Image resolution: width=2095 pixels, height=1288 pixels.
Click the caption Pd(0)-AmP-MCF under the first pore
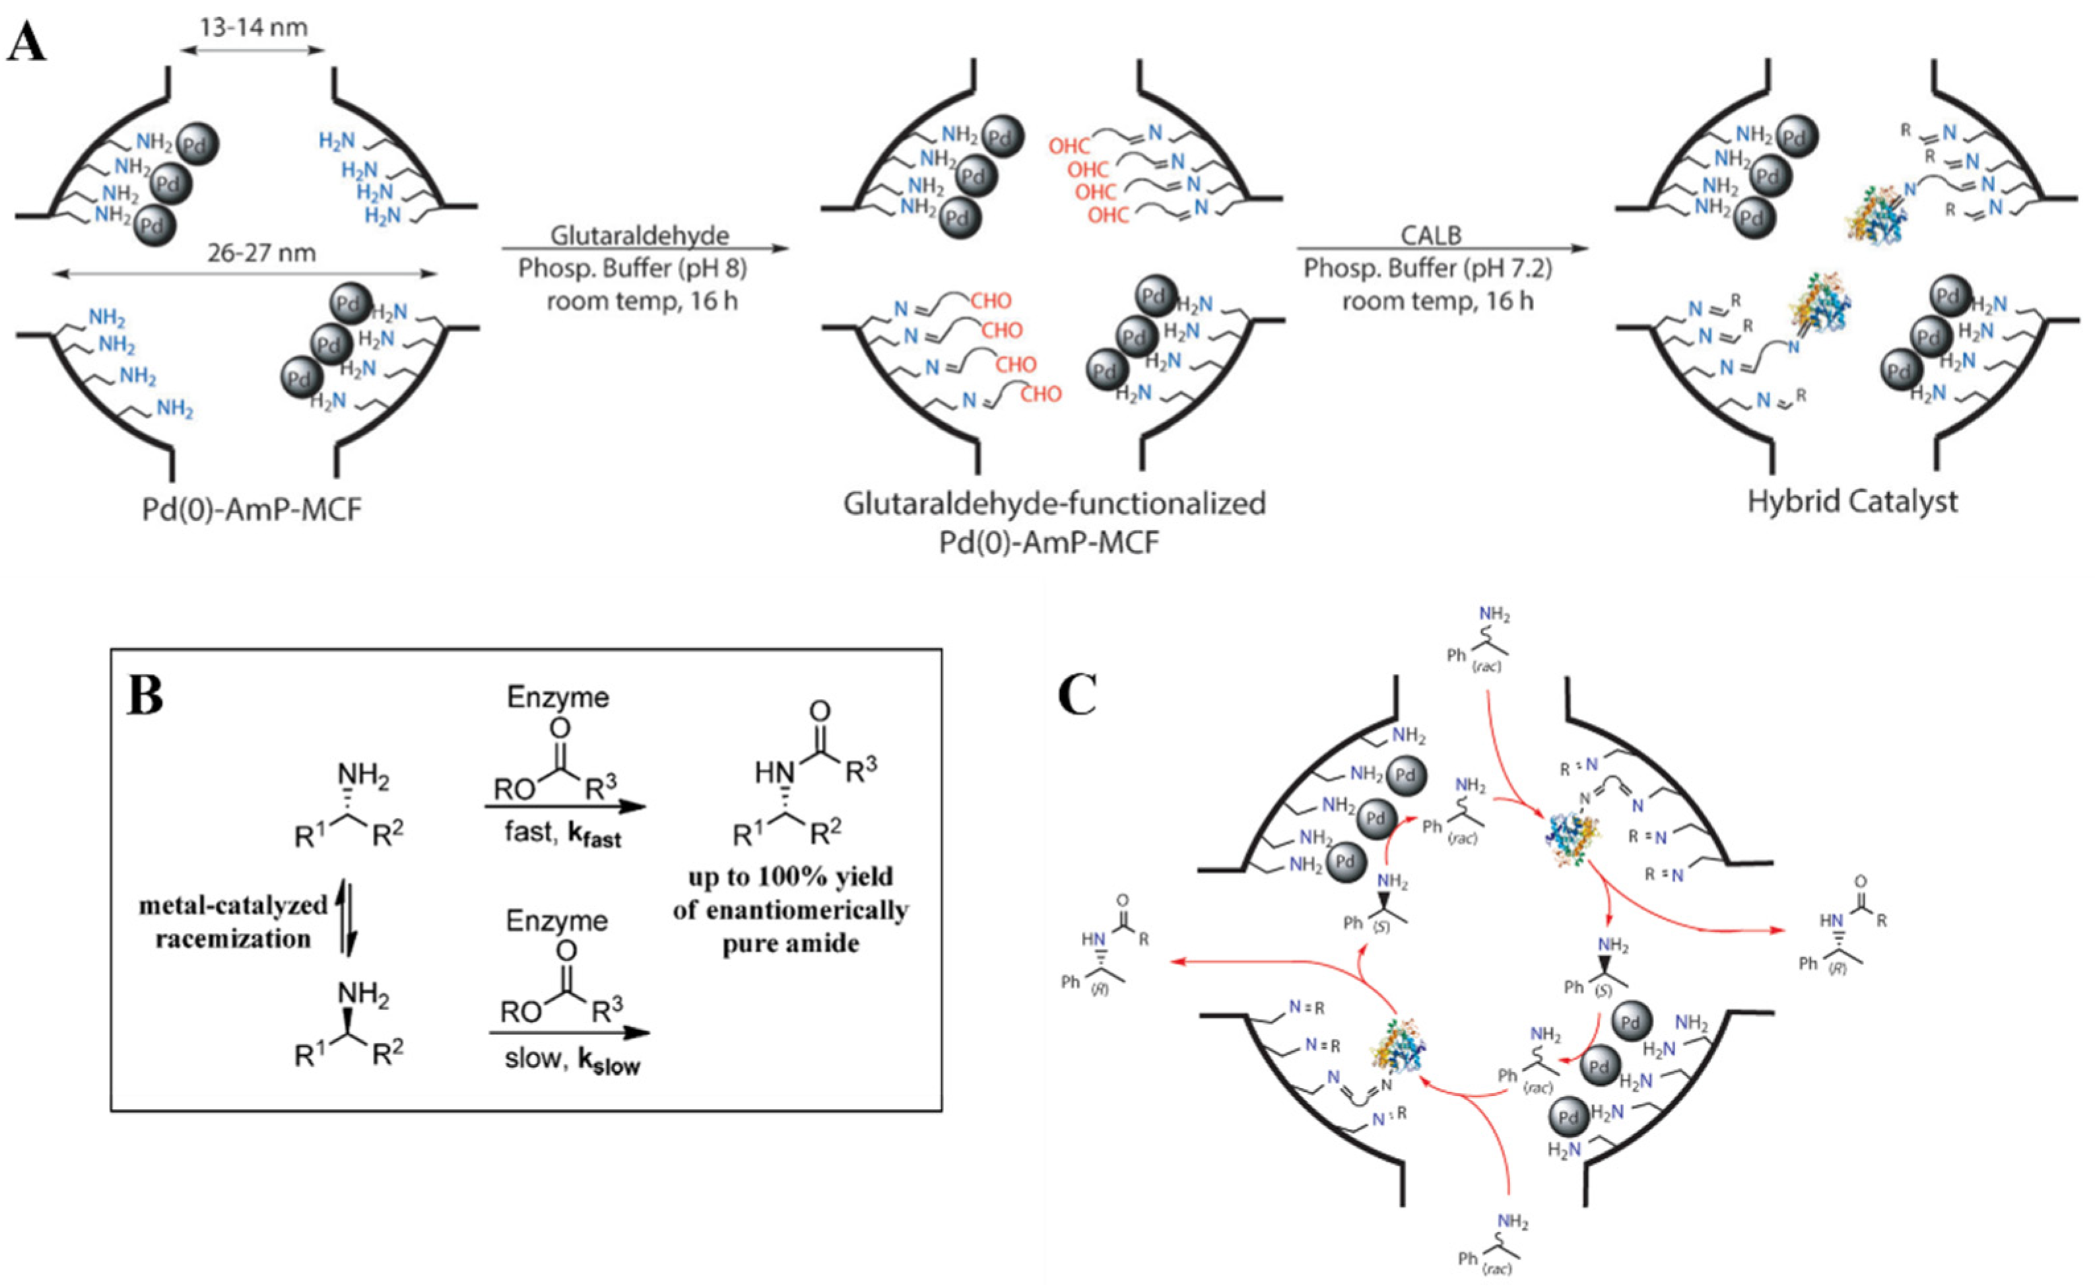(x=252, y=510)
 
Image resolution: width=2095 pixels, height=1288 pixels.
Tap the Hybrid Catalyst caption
(x=1852, y=501)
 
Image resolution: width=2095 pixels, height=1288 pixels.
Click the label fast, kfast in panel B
(x=563, y=832)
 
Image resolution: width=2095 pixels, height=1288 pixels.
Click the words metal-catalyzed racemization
(x=232, y=922)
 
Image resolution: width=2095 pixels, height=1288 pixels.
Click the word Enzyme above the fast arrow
(x=558, y=697)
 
